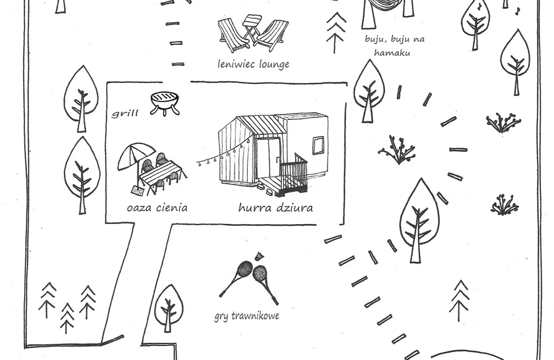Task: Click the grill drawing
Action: (x=165, y=103)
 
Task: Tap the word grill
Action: (x=125, y=113)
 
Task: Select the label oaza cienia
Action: (x=157, y=207)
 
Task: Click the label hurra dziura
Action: (x=275, y=207)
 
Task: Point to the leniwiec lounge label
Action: (x=254, y=64)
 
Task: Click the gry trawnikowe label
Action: (x=247, y=315)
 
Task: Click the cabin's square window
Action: (x=318, y=146)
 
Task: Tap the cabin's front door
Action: (x=268, y=157)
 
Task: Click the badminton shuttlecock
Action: (x=259, y=257)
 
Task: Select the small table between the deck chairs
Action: (x=252, y=27)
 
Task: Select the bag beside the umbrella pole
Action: (x=138, y=190)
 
